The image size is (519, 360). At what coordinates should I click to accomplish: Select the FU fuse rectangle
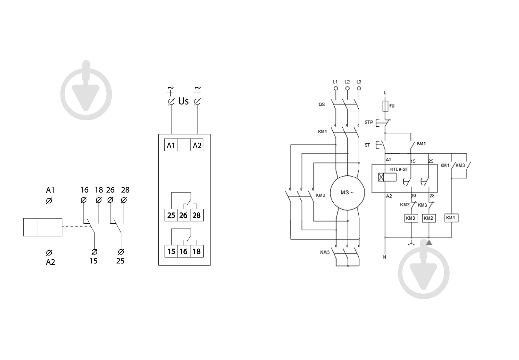coord(385,106)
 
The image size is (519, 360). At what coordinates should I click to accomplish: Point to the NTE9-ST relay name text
coord(399,170)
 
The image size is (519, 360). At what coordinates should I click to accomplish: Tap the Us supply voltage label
coord(183,101)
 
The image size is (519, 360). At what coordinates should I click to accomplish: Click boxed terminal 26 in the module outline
coord(183,215)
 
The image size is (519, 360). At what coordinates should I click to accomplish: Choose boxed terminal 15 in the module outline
coord(171,251)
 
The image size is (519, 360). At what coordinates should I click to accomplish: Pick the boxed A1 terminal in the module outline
coord(171,145)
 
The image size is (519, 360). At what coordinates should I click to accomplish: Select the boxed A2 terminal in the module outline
coord(197,145)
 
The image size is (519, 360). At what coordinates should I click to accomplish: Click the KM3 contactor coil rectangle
coord(411,218)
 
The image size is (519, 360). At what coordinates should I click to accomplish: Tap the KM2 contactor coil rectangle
coord(429,218)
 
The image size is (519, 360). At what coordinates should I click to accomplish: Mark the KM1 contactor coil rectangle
coord(451,218)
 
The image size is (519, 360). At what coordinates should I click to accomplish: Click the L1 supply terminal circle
coord(336,88)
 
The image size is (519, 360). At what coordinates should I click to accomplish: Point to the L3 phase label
coord(359,82)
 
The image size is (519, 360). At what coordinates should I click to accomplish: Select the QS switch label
coord(322,105)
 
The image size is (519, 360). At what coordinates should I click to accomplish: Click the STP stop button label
coord(369,122)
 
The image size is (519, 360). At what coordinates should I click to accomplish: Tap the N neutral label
coord(385,257)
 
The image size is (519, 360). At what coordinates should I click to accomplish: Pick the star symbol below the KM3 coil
coord(411,243)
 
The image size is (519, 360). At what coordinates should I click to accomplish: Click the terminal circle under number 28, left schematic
coord(124,200)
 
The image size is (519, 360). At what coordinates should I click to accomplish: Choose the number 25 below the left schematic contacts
coord(120,261)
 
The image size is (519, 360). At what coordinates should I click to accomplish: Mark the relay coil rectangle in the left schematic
coord(43,227)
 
